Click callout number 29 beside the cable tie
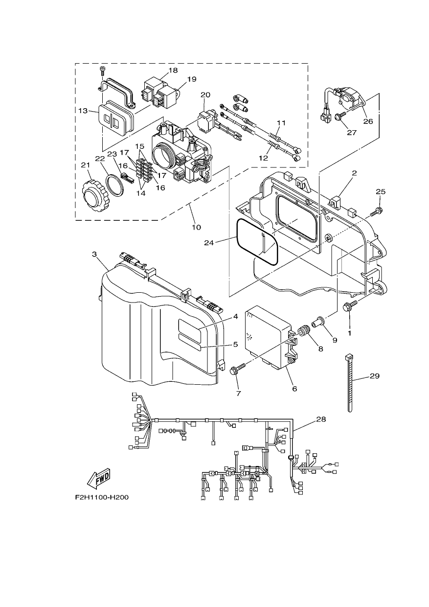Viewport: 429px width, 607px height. click(x=375, y=376)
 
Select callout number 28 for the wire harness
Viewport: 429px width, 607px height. click(x=321, y=419)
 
